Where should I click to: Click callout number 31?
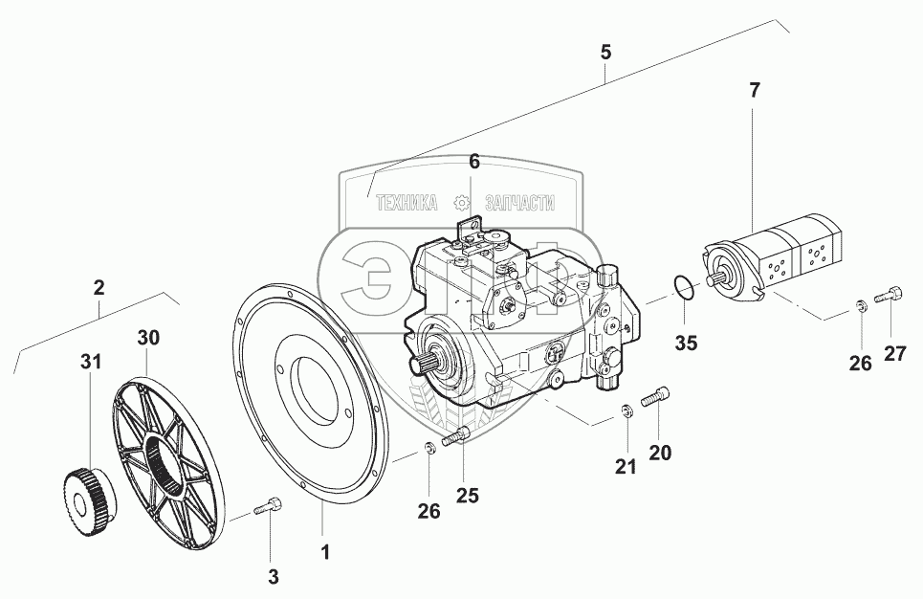click(91, 361)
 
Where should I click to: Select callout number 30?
click(148, 338)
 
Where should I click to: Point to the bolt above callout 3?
click(269, 505)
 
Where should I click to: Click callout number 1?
click(324, 552)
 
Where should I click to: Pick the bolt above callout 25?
click(455, 436)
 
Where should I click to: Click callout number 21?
click(626, 467)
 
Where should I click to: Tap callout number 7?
click(755, 90)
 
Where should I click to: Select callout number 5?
click(605, 53)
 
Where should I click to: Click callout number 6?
click(474, 161)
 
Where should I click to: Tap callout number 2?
click(99, 287)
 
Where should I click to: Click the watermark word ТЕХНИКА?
click(407, 203)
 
